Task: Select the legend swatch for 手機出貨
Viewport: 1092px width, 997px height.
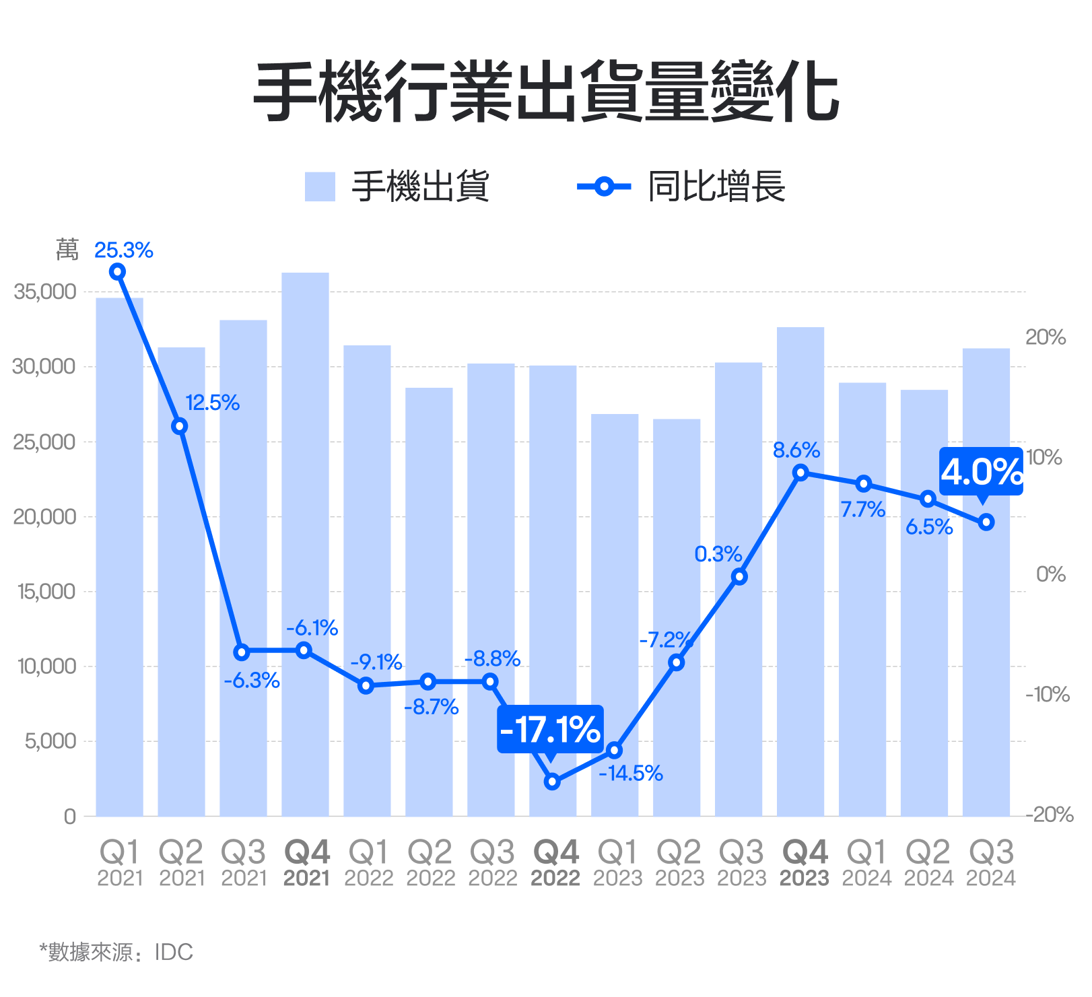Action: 320,186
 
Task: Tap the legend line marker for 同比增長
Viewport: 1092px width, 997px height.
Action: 604,186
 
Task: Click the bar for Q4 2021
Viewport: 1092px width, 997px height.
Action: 305,544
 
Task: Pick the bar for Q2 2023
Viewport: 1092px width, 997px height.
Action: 677,617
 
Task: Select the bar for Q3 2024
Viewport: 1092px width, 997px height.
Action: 986,582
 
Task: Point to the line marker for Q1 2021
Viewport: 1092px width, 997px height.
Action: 118,272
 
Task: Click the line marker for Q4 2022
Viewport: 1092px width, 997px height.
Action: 552,782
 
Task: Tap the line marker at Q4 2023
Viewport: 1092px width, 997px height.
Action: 800,473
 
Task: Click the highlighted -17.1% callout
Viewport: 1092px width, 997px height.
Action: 550,729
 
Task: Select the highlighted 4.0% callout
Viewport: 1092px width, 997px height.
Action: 981,471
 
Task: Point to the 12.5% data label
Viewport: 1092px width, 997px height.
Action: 213,403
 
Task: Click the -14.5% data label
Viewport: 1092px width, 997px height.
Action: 631,773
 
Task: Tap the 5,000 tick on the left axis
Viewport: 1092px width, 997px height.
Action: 50,741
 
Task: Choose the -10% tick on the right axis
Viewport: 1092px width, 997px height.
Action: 1048,694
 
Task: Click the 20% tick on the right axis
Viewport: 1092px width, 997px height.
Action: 1046,337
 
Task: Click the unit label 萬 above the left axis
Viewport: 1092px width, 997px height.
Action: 67,250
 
